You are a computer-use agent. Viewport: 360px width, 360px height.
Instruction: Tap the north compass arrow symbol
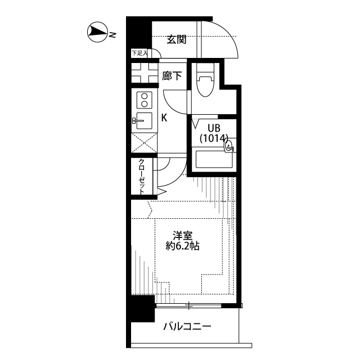[97, 33]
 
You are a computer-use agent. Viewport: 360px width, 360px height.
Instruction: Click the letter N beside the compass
[112, 35]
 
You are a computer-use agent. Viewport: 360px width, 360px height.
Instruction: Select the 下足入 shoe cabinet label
[139, 53]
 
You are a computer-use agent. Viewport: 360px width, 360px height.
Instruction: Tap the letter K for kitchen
[164, 118]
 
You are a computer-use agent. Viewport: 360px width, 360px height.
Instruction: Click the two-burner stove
[144, 100]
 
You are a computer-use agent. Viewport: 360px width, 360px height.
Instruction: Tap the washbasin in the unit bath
[228, 147]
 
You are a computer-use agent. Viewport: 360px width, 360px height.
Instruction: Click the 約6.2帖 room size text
[182, 246]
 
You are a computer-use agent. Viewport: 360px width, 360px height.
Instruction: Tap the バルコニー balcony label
[187, 326]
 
